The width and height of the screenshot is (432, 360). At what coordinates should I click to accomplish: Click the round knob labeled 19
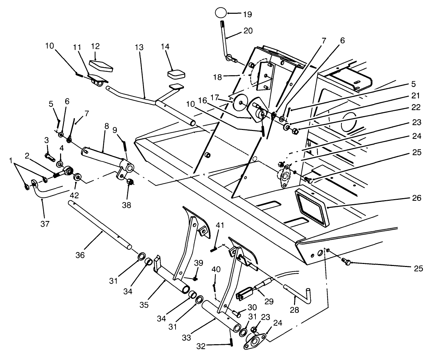coord(221,13)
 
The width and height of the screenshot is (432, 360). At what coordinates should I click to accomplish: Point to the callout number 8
coord(106,127)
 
